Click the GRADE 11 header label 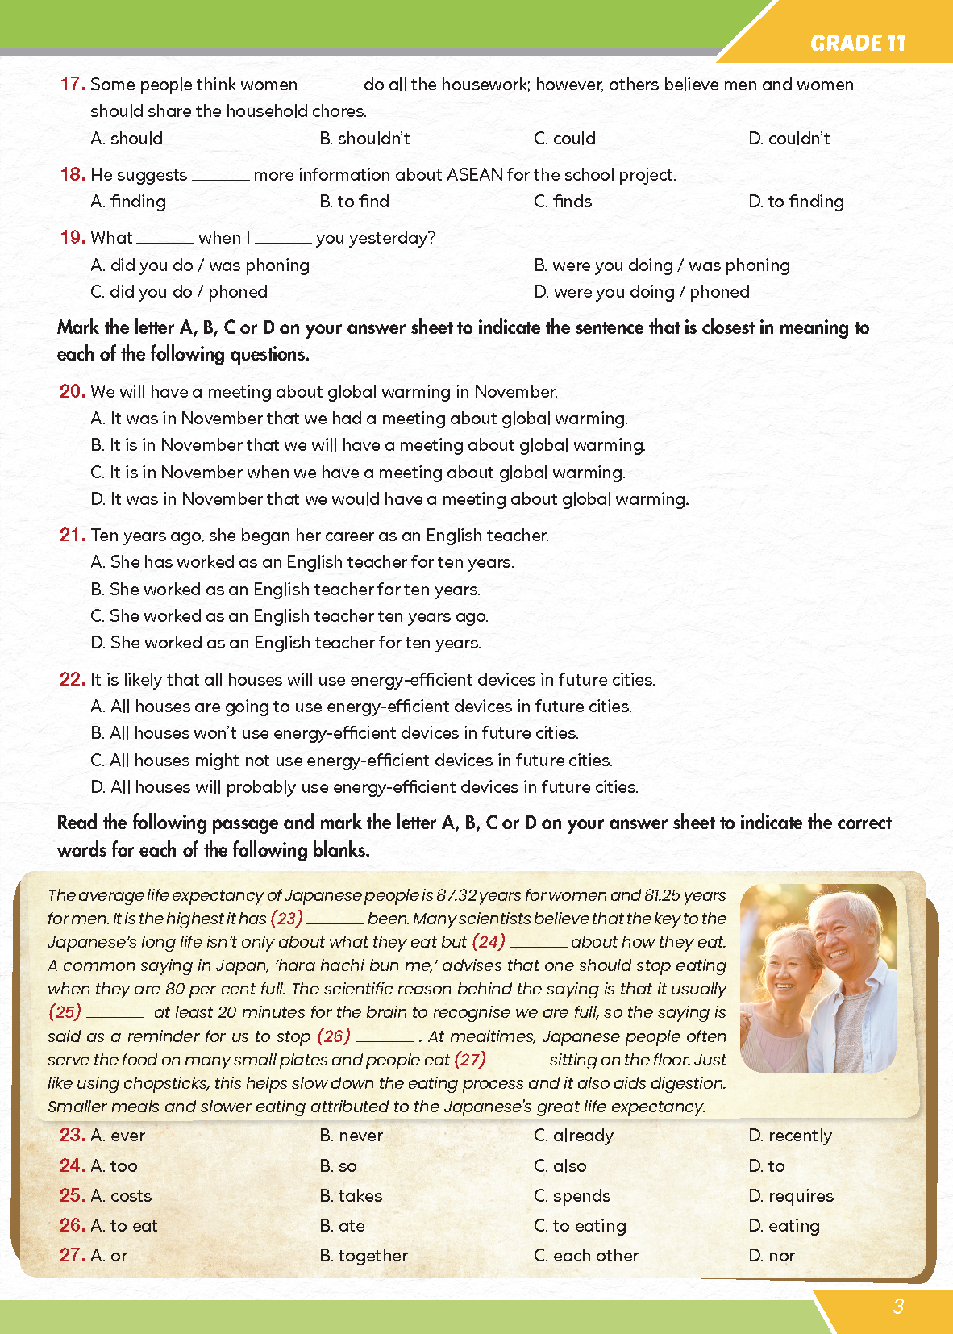click(x=857, y=43)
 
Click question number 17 click(x=72, y=84)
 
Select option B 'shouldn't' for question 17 click(x=365, y=139)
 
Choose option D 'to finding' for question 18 click(x=796, y=202)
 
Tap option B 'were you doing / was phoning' click(x=661, y=265)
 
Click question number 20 click(x=72, y=391)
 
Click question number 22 click(x=72, y=679)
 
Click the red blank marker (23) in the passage click(x=286, y=918)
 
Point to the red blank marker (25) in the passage click(x=65, y=1011)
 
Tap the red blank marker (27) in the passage click(x=470, y=1059)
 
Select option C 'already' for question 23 click(x=573, y=1136)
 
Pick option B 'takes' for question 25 click(x=351, y=1196)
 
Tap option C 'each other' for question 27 click(x=586, y=1256)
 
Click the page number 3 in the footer click(x=898, y=1307)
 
